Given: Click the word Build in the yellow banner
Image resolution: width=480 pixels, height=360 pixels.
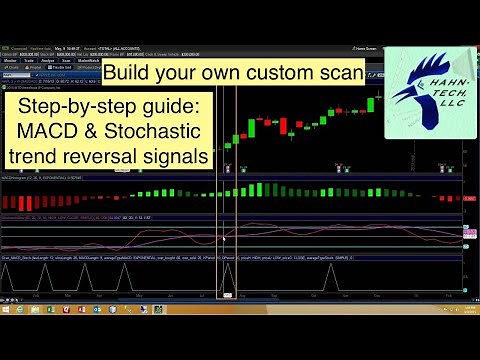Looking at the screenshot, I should pyautogui.click(x=130, y=75).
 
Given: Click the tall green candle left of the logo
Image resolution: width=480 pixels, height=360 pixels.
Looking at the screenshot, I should pyautogui.click(x=370, y=102).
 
